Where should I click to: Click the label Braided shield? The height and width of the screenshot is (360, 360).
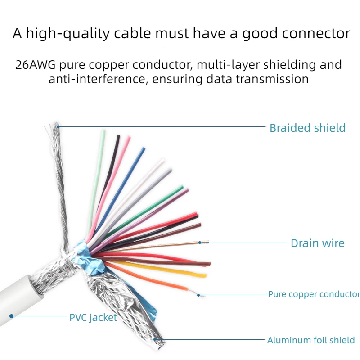coord(307,128)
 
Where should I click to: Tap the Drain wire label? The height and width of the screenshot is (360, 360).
coord(317,243)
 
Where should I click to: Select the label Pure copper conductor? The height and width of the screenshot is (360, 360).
coord(314,294)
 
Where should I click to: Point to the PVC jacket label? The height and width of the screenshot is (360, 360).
coord(93,317)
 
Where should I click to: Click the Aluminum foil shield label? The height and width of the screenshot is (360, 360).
coord(311,340)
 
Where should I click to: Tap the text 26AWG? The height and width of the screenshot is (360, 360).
coord(35,65)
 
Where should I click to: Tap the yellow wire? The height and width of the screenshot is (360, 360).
coord(171,269)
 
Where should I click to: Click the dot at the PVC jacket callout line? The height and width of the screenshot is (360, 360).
coord(12,316)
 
